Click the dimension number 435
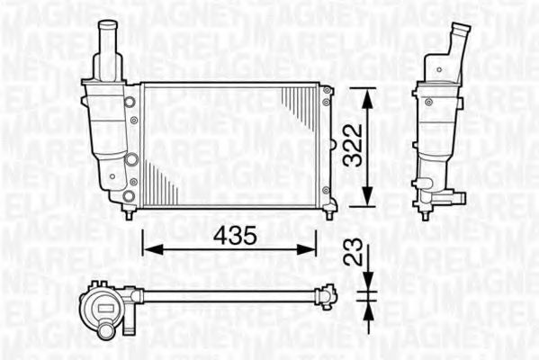click(x=230, y=236)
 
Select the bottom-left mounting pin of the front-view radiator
click(x=131, y=214)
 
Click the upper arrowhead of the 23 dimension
click(x=365, y=288)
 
